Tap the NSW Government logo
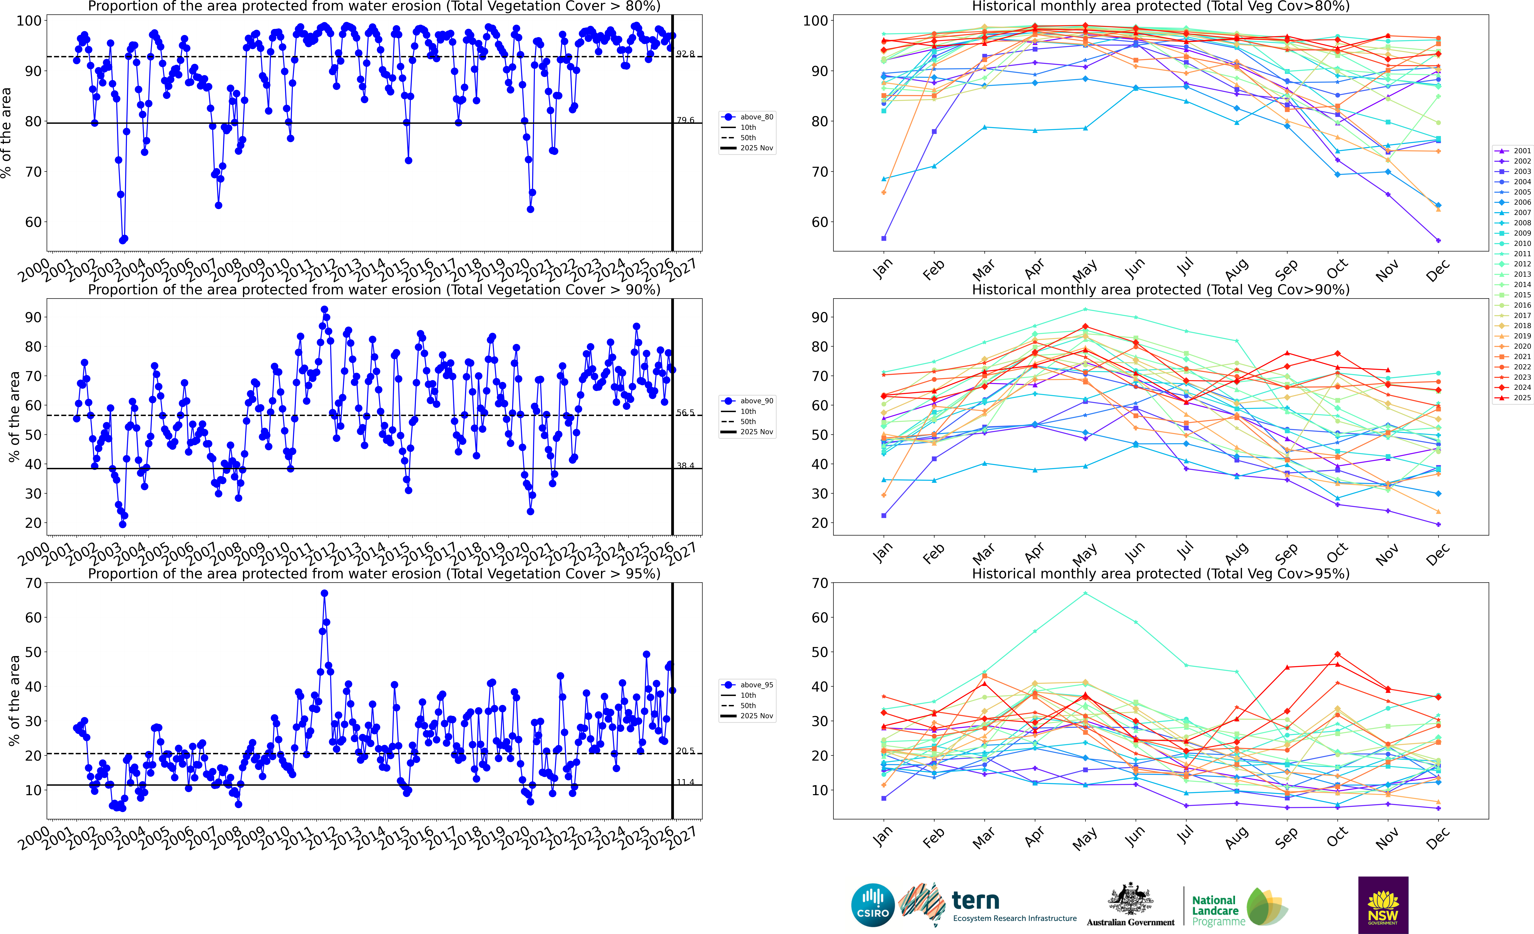[1383, 905]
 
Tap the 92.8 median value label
[685, 54]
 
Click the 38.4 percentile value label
[685, 466]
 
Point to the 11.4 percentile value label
[685, 782]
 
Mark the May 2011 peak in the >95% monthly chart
[1085, 593]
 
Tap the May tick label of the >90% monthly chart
[1085, 552]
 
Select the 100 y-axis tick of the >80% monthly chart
[815, 21]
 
